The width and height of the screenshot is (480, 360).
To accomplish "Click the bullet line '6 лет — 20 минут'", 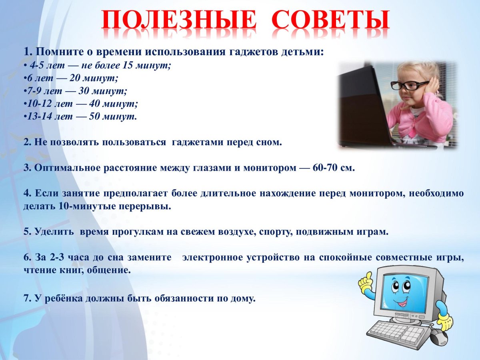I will (x=72, y=78).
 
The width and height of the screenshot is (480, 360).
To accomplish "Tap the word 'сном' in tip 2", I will (x=271, y=142).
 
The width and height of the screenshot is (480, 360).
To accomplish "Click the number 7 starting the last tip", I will (x=26, y=298).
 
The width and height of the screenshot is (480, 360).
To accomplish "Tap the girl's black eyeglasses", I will (x=409, y=85).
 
